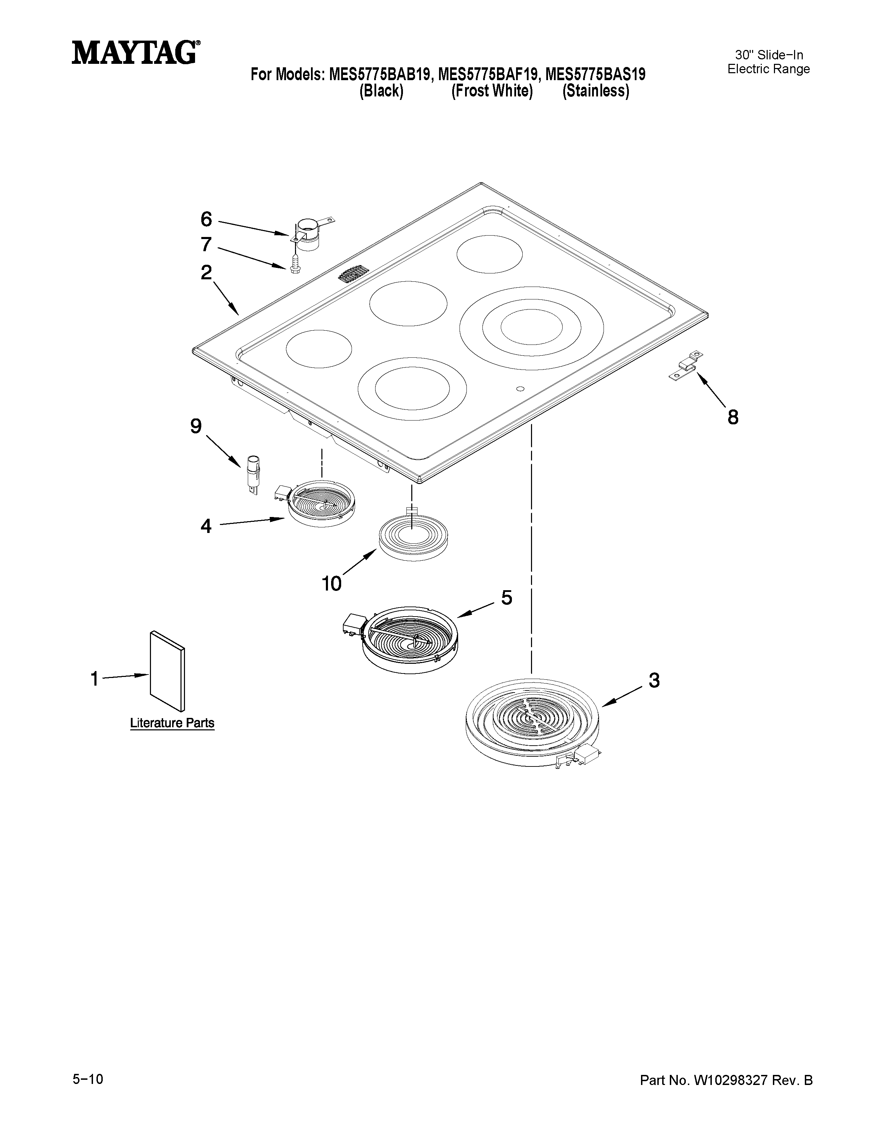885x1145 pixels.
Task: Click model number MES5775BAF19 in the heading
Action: (x=488, y=75)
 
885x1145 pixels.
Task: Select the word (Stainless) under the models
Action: (x=596, y=91)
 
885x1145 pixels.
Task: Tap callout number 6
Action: (x=206, y=219)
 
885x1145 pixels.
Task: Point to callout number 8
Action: (x=732, y=417)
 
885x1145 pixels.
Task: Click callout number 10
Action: (x=332, y=583)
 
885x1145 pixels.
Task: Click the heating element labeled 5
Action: (x=409, y=639)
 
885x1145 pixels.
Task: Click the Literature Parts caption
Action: (x=172, y=723)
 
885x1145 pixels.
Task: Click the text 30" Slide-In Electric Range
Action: (x=769, y=62)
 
